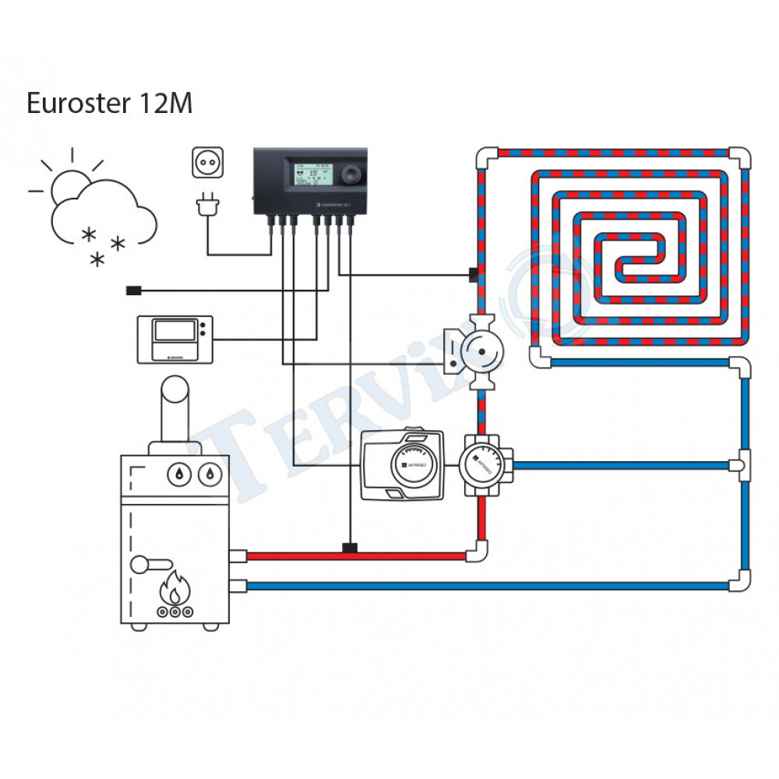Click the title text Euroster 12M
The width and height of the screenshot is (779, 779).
click(x=109, y=104)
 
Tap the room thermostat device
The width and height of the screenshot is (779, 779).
click(x=174, y=339)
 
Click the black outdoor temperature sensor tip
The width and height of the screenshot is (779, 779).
click(x=132, y=291)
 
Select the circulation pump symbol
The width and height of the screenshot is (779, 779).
click(x=481, y=352)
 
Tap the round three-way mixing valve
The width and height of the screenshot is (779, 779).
click(x=483, y=466)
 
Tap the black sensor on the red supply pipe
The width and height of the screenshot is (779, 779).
click(x=351, y=548)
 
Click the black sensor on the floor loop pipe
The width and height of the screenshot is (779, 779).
click(x=472, y=274)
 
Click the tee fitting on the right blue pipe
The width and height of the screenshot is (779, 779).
click(x=742, y=466)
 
